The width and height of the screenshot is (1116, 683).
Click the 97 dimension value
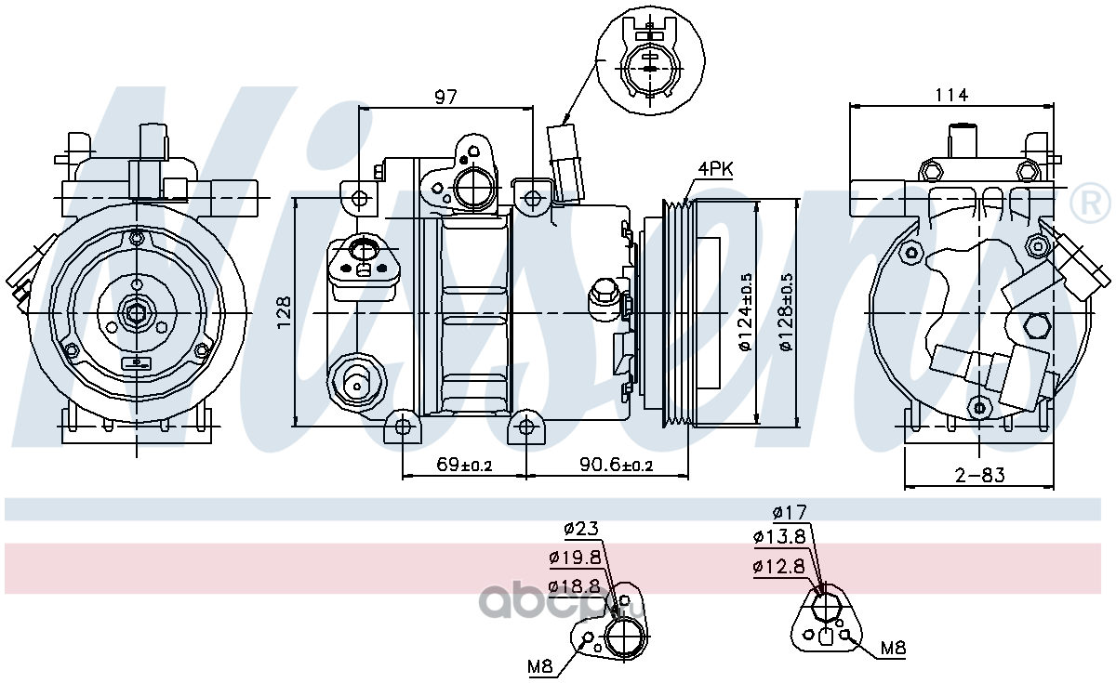coord(445,97)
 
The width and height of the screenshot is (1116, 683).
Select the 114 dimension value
coord(951,95)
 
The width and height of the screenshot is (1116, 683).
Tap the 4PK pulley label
coord(715,169)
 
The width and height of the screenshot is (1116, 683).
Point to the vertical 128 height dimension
coord(284,312)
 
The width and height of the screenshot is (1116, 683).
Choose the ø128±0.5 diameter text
coord(787,312)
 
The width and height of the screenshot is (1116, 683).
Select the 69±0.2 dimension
coord(464,465)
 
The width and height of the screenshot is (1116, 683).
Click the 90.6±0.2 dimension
coord(616,465)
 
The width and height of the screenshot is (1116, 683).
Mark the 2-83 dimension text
coord(980,476)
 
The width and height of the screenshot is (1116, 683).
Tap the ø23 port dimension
coord(581,528)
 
